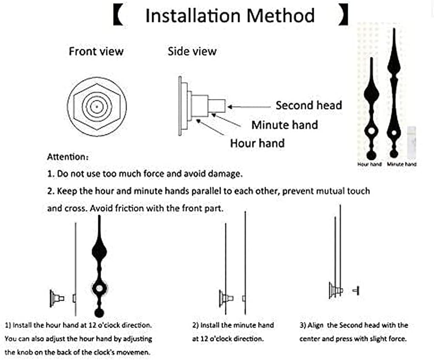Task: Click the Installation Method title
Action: click(230, 16)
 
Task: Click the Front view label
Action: click(96, 52)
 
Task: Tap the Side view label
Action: click(192, 52)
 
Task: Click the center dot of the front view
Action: click(96, 105)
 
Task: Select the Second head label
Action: click(309, 105)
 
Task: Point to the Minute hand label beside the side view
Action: click(284, 125)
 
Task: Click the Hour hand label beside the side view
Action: click(257, 143)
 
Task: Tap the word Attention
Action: click(66, 157)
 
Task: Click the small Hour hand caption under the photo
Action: click(369, 164)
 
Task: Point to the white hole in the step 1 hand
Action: click(99, 288)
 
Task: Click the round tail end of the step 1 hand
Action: click(99, 313)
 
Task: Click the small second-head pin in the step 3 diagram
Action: click(356, 290)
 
